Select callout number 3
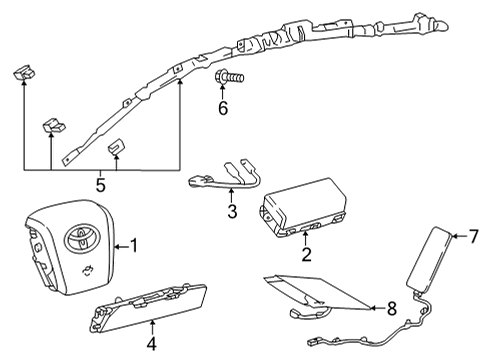[x=231, y=211]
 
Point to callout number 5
[x=100, y=184]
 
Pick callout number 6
[x=223, y=108]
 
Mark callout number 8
[x=391, y=309]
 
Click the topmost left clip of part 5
[x=23, y=73]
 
